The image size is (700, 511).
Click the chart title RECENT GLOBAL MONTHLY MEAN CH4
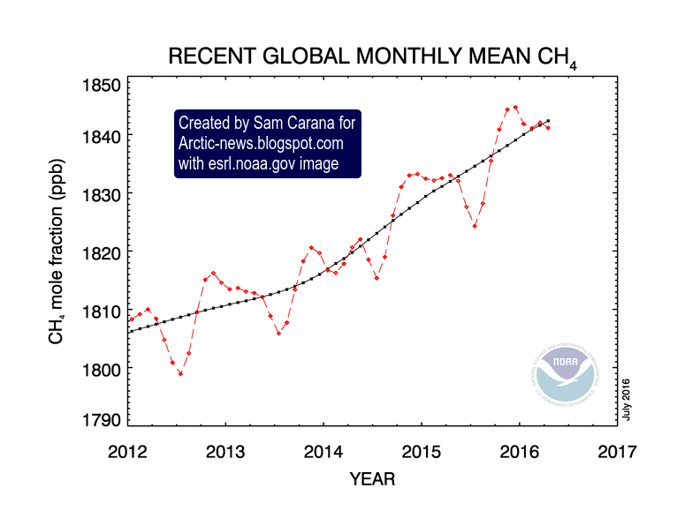[371, 58]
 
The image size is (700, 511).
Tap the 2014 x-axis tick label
[323, 452]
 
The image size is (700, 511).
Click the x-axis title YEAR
[372, 480]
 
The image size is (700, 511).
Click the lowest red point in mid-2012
[180, 373]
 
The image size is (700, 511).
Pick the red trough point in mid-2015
[475, 226]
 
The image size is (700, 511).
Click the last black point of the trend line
[548, 120]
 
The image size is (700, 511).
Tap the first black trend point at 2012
[129, 331]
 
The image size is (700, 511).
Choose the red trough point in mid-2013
[278, 333]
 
